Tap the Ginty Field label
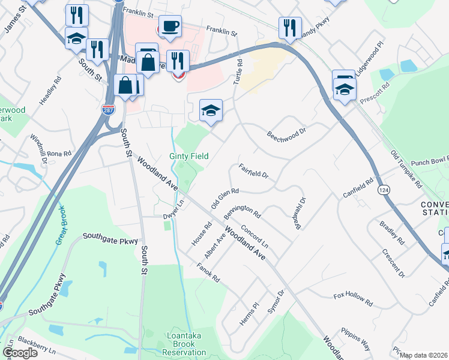(189, 156)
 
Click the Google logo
(20, 353)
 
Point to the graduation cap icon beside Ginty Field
(211, 110)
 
